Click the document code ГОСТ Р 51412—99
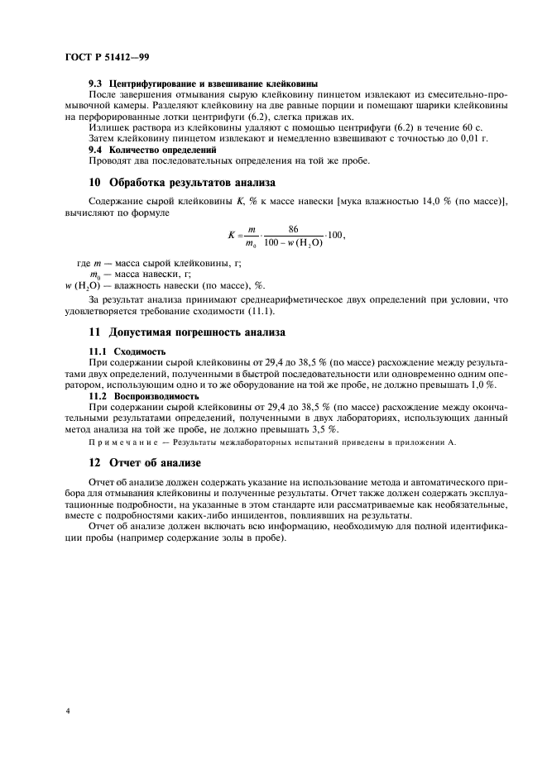coord(106,56)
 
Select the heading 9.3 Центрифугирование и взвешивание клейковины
coord(204,84)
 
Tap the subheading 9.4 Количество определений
coord(152,150)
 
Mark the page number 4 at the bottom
coord(67,709)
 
